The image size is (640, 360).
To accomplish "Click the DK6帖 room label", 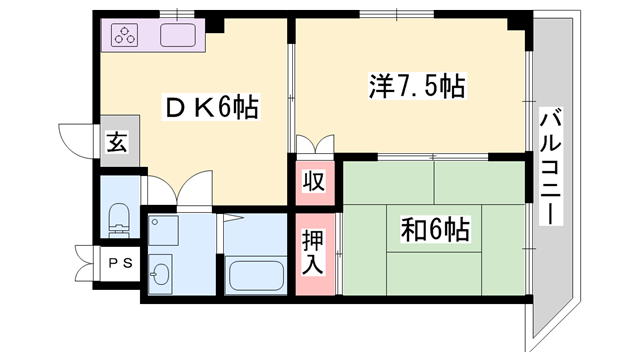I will (x=212, y=107).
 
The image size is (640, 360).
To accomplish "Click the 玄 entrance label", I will (x=117, y=142).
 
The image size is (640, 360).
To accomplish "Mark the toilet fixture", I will (x=119, y=218).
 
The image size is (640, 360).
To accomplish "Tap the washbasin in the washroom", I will (x=161, y=272).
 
